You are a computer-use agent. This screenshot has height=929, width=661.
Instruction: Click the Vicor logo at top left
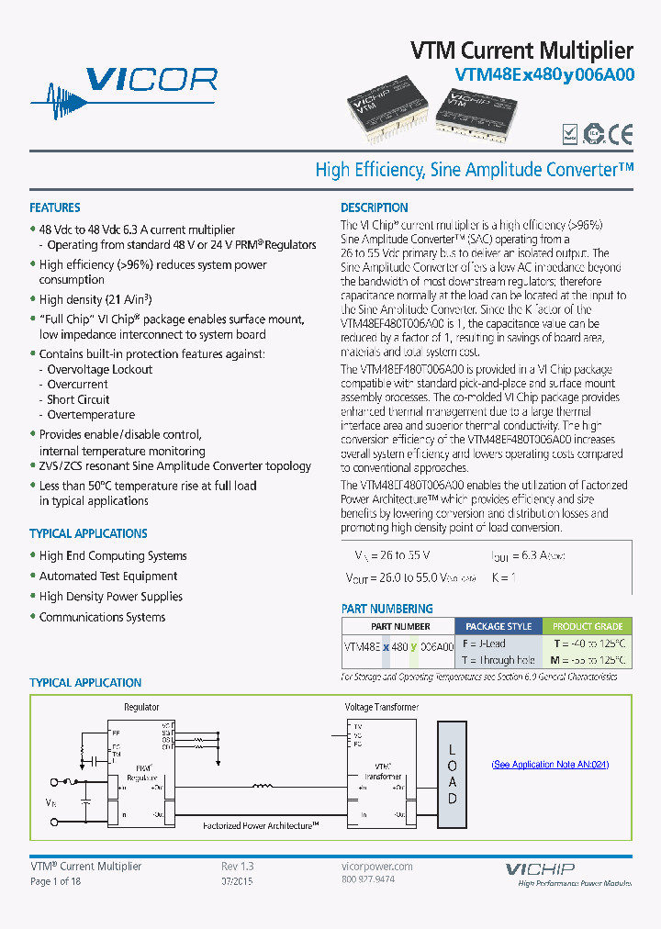click(x=125, y=91)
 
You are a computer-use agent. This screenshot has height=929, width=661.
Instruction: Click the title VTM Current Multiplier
click(x=521, y=50)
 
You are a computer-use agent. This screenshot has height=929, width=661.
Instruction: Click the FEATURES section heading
click(x=54, y=207)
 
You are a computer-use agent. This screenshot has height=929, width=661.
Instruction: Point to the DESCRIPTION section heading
click(x=375, y=207)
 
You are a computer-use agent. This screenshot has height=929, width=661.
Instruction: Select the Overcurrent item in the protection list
click(x=77, y=385)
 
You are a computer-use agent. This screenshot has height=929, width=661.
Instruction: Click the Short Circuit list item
click(x=78, y=399)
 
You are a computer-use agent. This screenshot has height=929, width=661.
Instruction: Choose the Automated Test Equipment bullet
click(x=108, y=576)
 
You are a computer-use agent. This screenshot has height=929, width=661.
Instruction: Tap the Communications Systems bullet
click(x=102, y=617)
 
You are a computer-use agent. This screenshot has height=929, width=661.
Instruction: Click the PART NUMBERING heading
click(x=387, y=609)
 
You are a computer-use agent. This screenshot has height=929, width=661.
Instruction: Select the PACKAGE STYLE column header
click(x=499, y=626)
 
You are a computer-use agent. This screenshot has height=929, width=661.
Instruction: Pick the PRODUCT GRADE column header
click(x=588, y=626)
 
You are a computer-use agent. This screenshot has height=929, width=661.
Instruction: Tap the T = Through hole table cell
click(x=497, y=660)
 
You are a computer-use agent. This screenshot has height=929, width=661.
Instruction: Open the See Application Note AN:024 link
click(x=550, y=765)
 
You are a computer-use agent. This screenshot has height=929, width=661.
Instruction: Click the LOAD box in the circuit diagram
click(x=452, y=774)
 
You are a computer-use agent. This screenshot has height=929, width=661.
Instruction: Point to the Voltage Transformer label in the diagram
click(x=381, y=707)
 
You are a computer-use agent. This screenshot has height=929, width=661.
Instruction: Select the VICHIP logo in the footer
click(x=540, y=868)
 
